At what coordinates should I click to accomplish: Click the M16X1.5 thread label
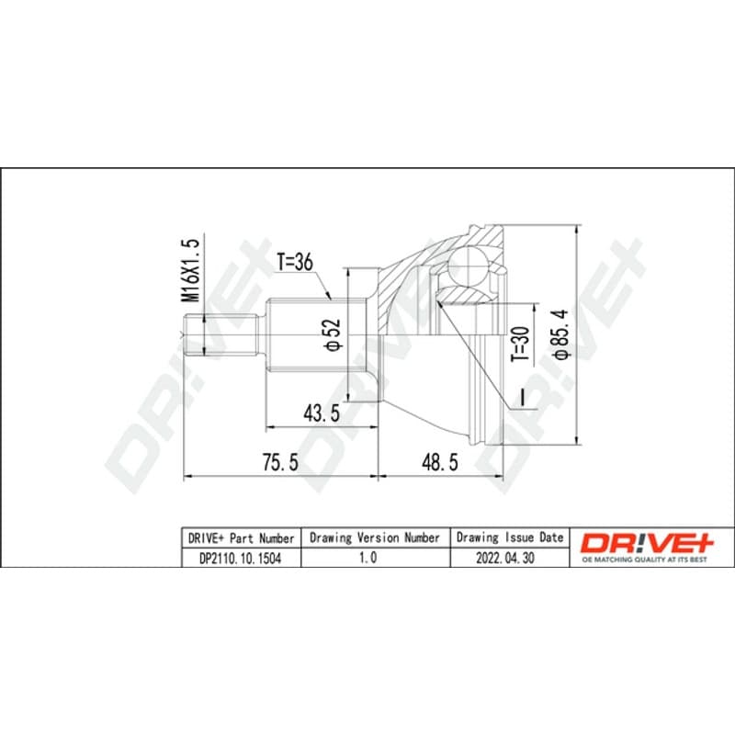191,270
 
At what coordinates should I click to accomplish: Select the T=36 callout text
294,262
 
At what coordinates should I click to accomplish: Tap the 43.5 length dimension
322,413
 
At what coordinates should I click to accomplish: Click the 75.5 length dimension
280,462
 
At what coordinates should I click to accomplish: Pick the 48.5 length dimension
440,462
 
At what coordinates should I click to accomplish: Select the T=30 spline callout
521,344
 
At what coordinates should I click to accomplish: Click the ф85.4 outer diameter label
561,334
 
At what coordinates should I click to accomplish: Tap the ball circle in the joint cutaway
468,266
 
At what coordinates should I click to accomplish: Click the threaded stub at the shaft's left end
221,335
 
